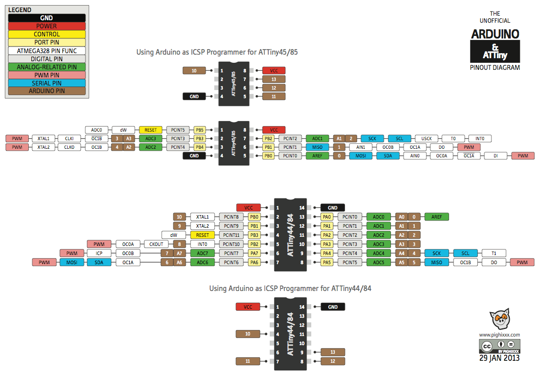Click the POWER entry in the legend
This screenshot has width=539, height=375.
46,26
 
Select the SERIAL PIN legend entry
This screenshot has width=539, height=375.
46,83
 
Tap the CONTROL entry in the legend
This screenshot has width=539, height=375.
46,34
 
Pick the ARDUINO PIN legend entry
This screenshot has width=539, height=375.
46,91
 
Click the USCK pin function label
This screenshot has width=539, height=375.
426,138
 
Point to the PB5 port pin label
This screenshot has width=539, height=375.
199,130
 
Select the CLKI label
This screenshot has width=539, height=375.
69,138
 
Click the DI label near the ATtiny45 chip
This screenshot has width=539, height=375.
496,156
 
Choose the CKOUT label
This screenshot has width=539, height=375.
157,244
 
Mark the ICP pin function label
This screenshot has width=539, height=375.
99,253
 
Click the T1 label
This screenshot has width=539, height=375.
494,253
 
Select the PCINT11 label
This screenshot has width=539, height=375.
231,235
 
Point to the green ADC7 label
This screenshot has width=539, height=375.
203,253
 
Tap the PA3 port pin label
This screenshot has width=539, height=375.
327,244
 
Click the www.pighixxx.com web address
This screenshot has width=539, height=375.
499,335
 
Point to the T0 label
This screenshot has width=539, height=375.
453,138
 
